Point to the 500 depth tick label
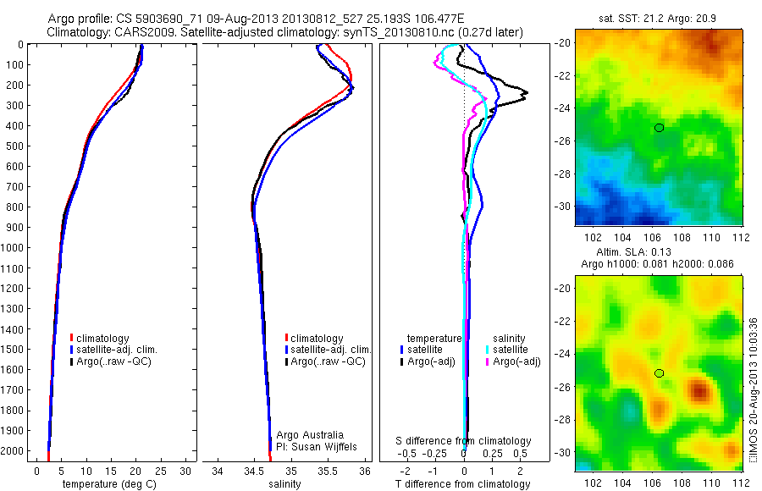pos(15,146)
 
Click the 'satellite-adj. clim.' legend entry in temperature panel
pos(117,350)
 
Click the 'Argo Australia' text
pos(311,435)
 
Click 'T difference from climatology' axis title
pos(464,484)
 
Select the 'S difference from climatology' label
pos(464,441)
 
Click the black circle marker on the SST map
pos(659,127)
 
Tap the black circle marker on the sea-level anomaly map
pos(659,372)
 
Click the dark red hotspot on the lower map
pos(699,390)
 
